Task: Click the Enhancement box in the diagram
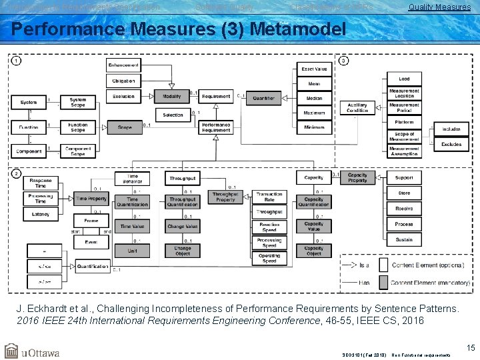pyautogui.click(x=123, y=65)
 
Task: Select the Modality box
pyautogui.click(x=171, y=97)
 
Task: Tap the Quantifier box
pyautogui.click(x=263, y=98)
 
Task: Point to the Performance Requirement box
pyautogui.click(x=216, y=127)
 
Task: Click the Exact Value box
pyautogui.click(x=314, y=69)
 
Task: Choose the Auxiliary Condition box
pyautogui.click(x=357, y=107)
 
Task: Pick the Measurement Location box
pyautogui.click(x=404, y=93)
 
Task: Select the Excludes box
pyautogui.click(x=451, y=144)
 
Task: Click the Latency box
pyautogui.click(x=41, y=213)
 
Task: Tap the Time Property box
pyautogui.click(x=91, y=199)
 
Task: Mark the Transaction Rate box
pyautogui.click(x=269, y=197)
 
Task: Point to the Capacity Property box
pyautogui.click(x=357, y=178)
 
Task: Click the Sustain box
pyautogui.click(x=403, y=239)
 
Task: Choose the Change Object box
pyautogui.click(x=183, y=251)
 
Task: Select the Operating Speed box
pyautogui.click(x=269, y=258)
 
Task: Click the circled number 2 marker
pyautogui.click(x=16, y=173)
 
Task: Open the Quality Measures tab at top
pyautogui.click(x=439, y=7)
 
